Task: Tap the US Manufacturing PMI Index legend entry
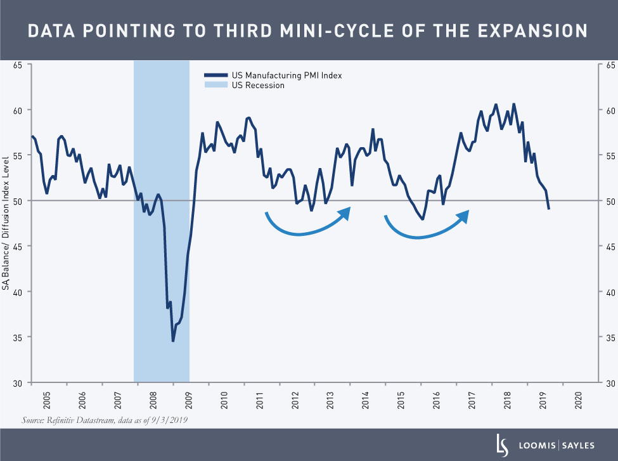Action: coord(273,75)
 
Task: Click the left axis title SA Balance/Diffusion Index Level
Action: coord(6,224)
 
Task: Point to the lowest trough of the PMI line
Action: coord(172,341)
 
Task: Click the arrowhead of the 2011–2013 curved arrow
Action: coord(345,212)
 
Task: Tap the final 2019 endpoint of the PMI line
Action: coord(548,209)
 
